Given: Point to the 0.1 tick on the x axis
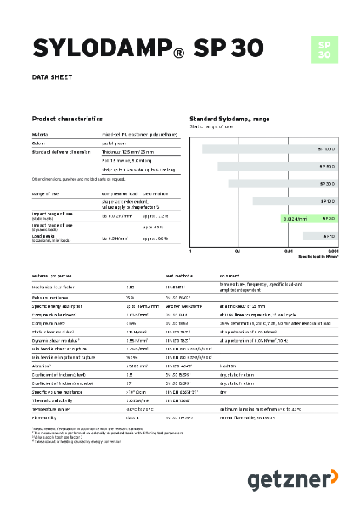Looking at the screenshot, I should pyautogui.click(x=239, y=251).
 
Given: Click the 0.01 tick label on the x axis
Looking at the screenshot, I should pyautogui.click(x=289, y=251).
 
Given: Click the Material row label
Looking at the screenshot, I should pyautogui.click(x=40, y=134).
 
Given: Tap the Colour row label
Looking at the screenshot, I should pyautogui.click(x=38, y=143).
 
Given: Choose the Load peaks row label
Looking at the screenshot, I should pyautogui.click(x=45, y=238).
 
